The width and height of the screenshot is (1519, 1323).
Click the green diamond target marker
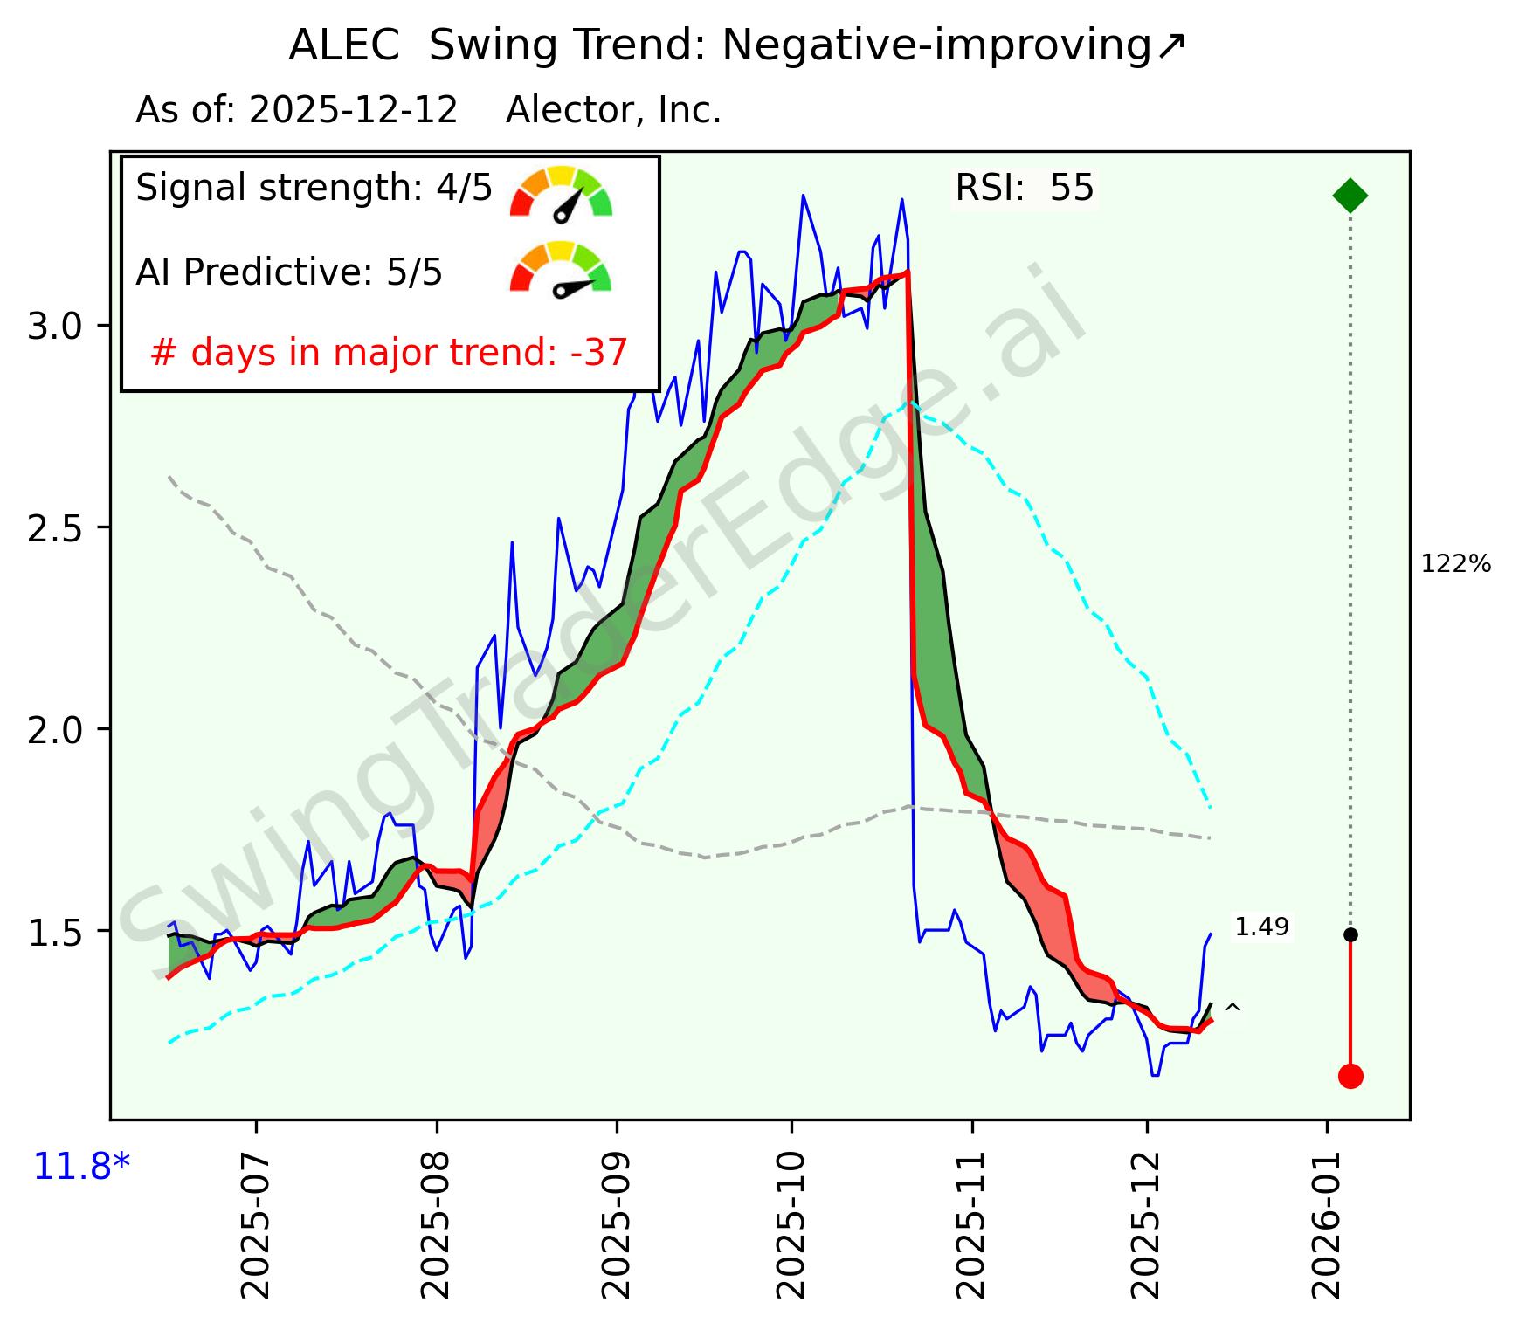coord(1350,195)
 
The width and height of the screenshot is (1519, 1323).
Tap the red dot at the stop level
coord(1350,1076)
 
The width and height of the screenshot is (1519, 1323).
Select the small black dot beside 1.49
coord(1350,934)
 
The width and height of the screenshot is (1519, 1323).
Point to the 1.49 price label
coord(1262,927)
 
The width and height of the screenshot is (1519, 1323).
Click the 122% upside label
coord(1456,565)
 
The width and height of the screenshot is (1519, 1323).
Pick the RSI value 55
coord(1072,189)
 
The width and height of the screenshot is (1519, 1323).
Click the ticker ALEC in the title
coord(343,46)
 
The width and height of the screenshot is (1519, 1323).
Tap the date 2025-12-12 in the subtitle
coord(353,111)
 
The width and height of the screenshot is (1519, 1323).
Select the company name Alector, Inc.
coord(613,111)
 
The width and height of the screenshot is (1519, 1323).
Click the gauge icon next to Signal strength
coord(562,193)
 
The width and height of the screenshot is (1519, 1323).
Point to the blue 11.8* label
coord(81,1167)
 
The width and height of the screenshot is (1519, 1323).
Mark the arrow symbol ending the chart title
coord(1170,46)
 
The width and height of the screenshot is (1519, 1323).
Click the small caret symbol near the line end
coord(1232,1010)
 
